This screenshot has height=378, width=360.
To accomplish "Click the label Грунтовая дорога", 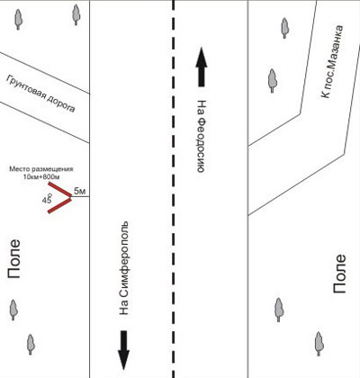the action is pyautogui.click(x=40, y=94).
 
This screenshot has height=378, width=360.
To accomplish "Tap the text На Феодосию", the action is pyautogui.click(x=202, y=136).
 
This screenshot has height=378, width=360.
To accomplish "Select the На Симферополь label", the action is pyautogui.click(x=123, y=268).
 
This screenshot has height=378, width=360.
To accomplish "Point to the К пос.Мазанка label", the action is pyautogui.click(x=331, y=61).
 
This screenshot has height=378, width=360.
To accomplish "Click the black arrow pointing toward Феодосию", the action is pyautogui.click(x=202, y=67).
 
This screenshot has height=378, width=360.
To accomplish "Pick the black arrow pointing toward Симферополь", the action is pyautogui.click(x=123, y=350).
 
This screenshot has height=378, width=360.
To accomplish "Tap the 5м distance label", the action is pyautogui.click(x=79, y=191).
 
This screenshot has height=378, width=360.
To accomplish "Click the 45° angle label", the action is pyautogui.click(x=48, y=199).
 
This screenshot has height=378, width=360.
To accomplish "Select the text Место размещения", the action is pyautogui.click(x=41, y=169).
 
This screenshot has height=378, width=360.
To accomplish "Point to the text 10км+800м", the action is pyautogui.click(x=41, y=176).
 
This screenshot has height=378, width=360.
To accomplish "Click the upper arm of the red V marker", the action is pyautogui.click(x=59, y=189).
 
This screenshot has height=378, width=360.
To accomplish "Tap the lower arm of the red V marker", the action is pyautogui.click(x=59, y=205).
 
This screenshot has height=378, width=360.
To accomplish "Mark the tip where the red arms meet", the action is pyautogui.click(x=71, y=197).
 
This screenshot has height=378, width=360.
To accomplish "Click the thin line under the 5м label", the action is pyautogui.click(x=80, y=197).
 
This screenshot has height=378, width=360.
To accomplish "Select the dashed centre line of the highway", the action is pyautogui.click(x=173, y=189).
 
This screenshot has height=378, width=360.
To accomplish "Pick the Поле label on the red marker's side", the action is pyautogui.click(x=14, y=258).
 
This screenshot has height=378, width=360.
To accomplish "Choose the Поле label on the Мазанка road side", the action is pyautogui.click(x=339, y=274).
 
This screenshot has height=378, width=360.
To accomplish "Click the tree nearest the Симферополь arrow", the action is pyautogui.click(x=31, y=345).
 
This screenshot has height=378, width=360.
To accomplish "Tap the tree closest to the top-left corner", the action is pyautogui.click(x=18, y=20).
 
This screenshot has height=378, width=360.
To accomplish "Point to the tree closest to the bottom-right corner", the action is pyautogui.click(x=319, y=344).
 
